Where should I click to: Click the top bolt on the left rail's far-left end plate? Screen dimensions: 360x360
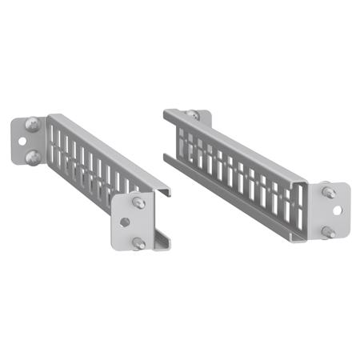coord(31,124)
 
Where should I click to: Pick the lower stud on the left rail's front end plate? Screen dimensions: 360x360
coord(138,242)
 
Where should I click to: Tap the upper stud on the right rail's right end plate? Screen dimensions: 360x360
coord(329,193)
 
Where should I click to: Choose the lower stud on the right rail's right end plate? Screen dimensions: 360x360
coord(329,232)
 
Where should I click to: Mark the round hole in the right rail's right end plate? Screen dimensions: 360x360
coord(341,212)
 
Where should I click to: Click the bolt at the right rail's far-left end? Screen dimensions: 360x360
coord(192,115)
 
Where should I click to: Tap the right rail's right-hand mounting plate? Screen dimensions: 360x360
coord(334,212)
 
